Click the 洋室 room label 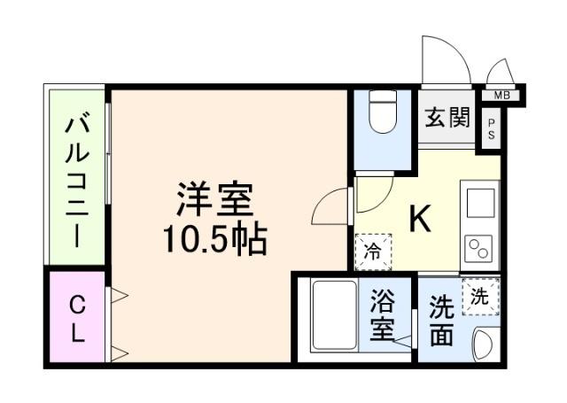(x=214, y=199)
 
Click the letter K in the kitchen (x=419, y=219)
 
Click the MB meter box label (x=501, y=95)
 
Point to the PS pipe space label (x=490, y=130)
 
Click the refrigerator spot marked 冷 (x=373, y=251)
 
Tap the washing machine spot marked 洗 (x=479, y=296)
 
